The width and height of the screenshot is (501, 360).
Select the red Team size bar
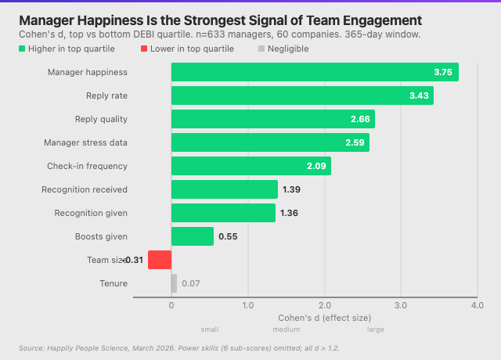click(160, 260)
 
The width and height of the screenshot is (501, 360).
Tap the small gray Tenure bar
click(174, 283)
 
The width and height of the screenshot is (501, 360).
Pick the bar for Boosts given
click(192, 236)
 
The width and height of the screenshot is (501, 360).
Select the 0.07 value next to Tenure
click(191, 283)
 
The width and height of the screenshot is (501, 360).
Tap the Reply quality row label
click(101, 119)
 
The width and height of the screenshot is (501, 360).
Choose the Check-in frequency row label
click(87, 166)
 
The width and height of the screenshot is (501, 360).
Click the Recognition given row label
click(91, 213)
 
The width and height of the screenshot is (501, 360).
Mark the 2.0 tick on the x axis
click(324, 305)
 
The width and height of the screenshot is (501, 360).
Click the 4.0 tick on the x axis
click(477, 305)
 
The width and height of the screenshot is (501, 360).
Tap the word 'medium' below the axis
click(286, 329)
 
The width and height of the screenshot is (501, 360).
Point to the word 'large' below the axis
click(376, 329)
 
